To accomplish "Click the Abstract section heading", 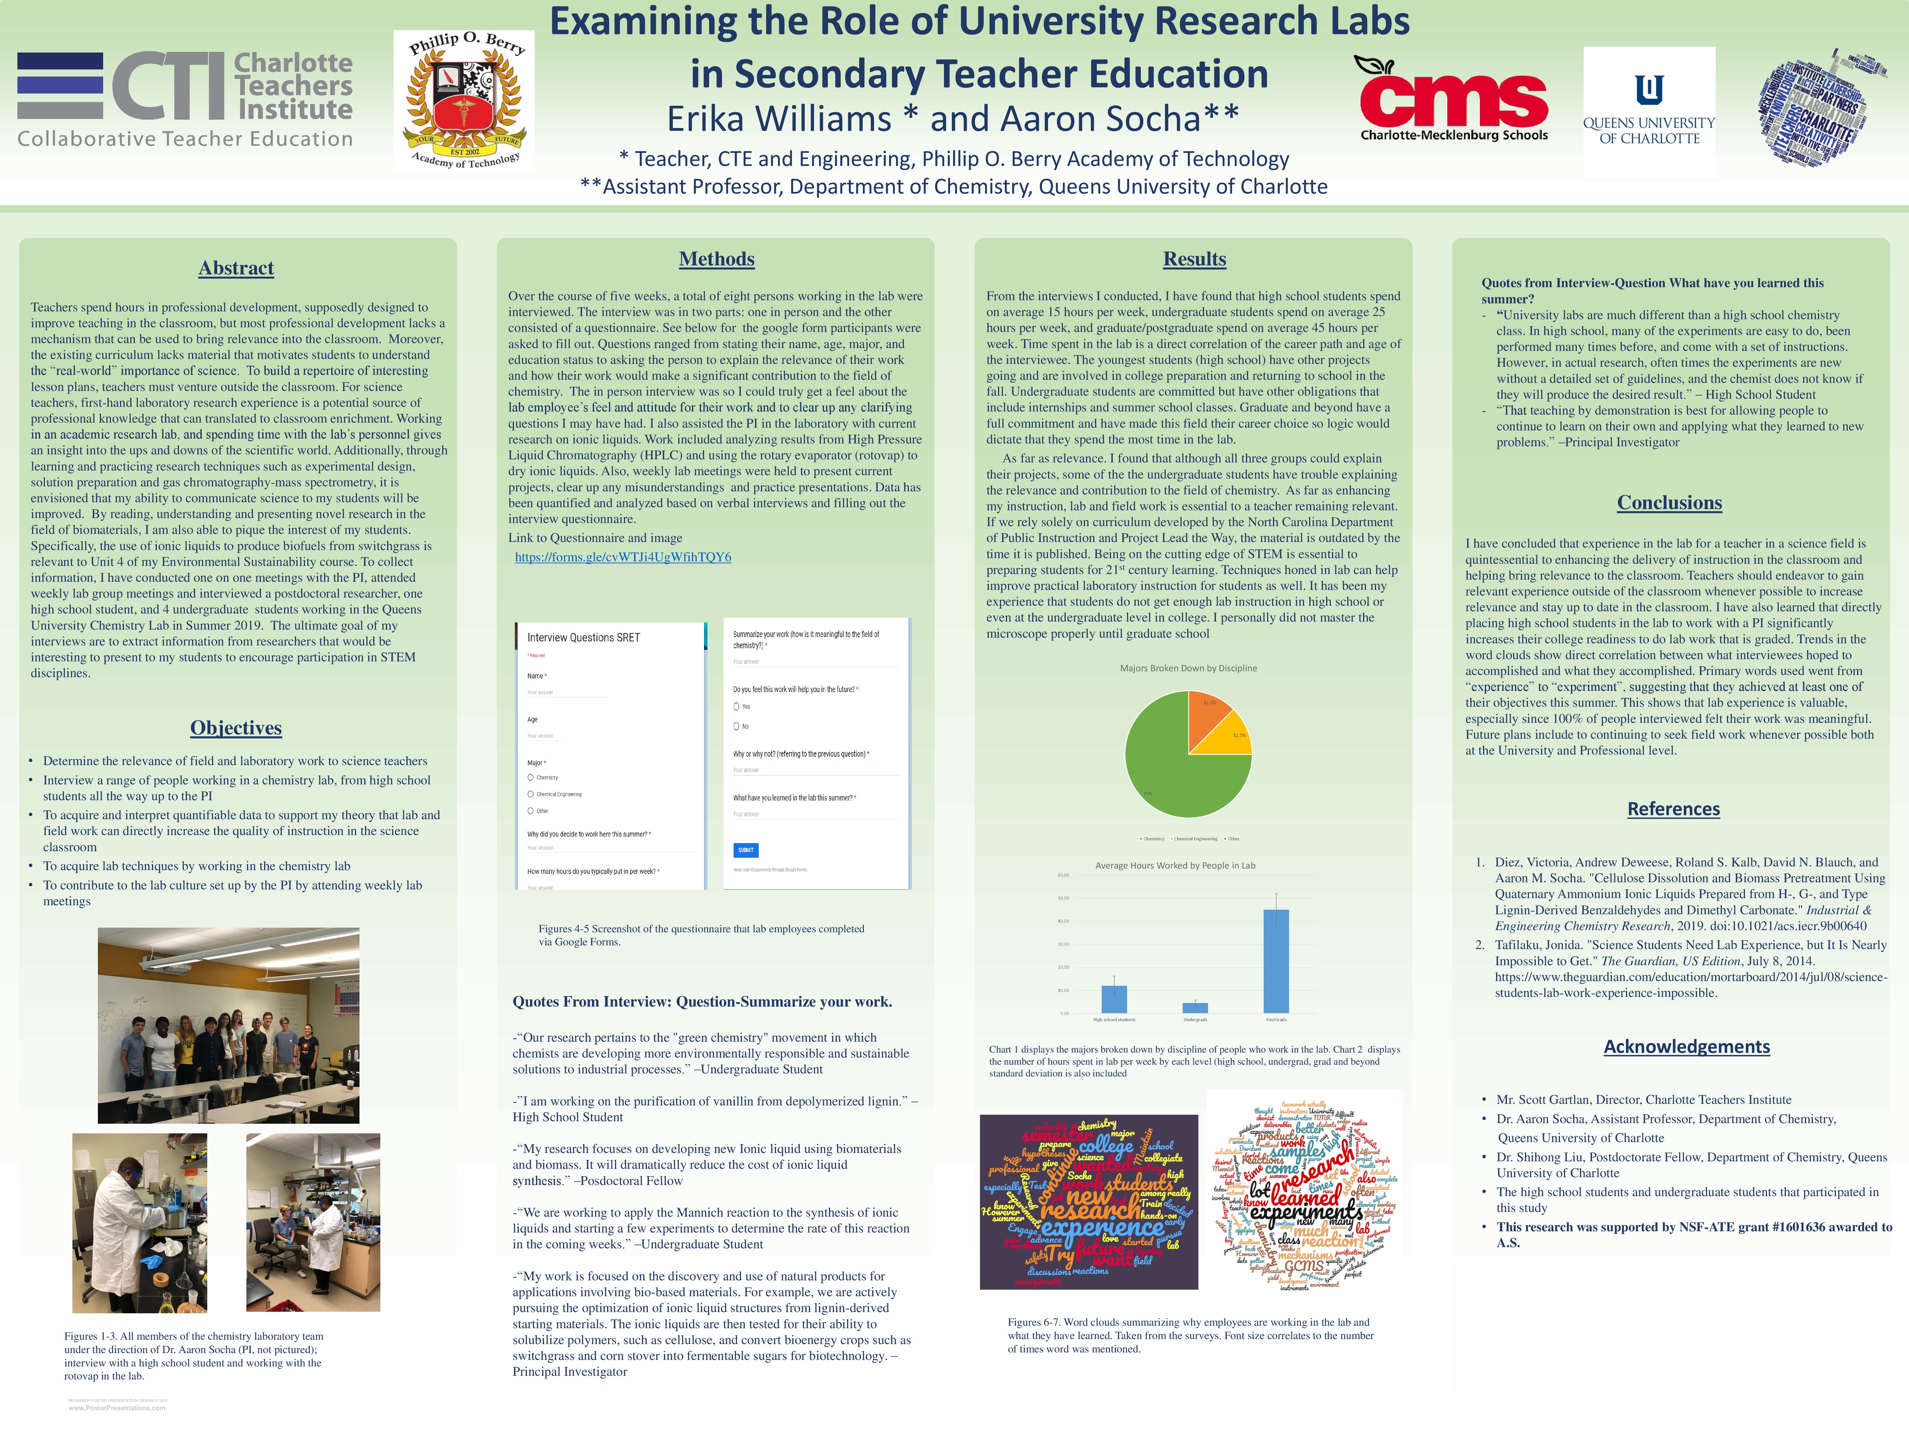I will coord(236,268).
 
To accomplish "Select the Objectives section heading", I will coord(236,727).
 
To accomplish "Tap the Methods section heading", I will coord(716,259).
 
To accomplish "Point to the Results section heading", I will coord(1194,259).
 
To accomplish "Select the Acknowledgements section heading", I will coord(1686,1046).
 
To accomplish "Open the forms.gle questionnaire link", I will coord(623,558).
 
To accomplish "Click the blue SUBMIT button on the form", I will coord(746,850).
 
